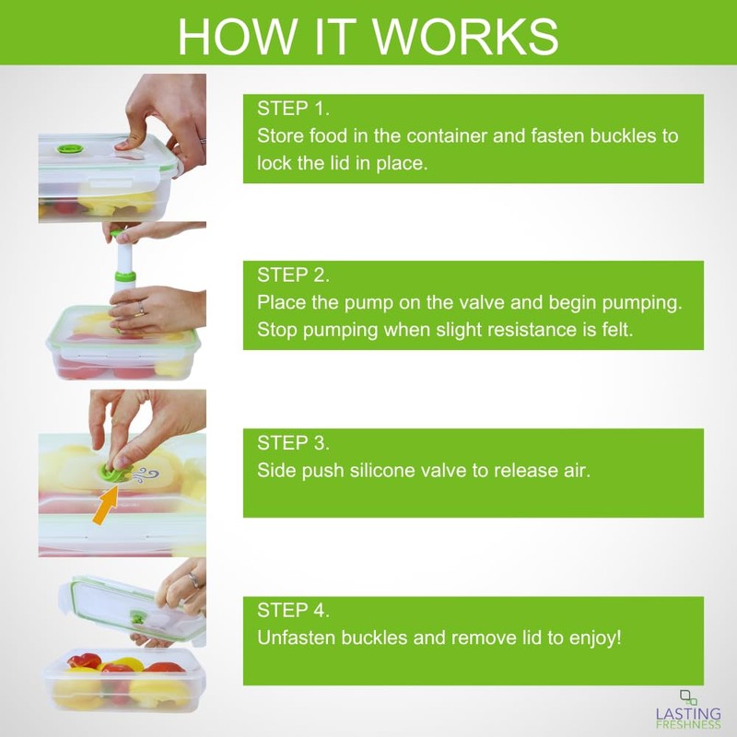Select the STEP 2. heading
[293, 275]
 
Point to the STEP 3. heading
[293, 442]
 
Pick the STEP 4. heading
[293, 610]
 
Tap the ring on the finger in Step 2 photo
[142, 308]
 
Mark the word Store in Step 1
[277, 136]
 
